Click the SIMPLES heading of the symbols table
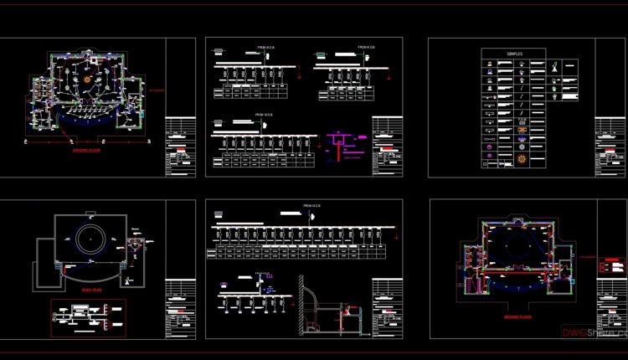click(514, 54)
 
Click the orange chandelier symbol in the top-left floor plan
click(87, 79)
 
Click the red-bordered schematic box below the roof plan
click(88, 317)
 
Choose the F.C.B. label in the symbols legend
click(522, 120)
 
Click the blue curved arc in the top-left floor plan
click(84, 126)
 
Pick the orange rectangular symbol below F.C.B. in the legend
click(522, 131)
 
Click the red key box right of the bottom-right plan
click(613, 265)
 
